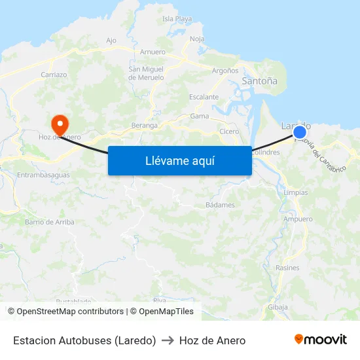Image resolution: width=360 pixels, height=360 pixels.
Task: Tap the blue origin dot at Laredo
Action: pyautogui.click(x=300, y=133)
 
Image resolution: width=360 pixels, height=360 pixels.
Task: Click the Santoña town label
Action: pyautogui.click(x=259, y=81)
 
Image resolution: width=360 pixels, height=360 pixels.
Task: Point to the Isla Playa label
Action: pyautogui.click(x=177, y=19)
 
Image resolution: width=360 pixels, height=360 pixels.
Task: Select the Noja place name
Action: pyautogui.click(x=197, y=39)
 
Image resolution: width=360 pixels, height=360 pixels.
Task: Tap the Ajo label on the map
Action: pyautogui.click(x=111, y=41)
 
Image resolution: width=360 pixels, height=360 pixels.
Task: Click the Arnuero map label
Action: pyautogui.click(x=153, y=52)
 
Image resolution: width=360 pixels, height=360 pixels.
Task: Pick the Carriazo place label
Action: pyautogui.click(x=54, y=75)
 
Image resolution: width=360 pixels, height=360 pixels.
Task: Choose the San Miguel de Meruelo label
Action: pyautogui.click(x=146, y=73)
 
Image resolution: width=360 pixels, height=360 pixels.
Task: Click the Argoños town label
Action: pyautogui.click(x=225, y=70)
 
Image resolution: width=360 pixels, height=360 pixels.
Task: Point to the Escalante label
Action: pyautogui.click(x=204, y=97)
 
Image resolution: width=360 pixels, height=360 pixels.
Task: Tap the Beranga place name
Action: pyautogui.click(x=144, y=125)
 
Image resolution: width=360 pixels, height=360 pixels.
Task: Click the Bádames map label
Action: pyautogui.click(x=220, y=205)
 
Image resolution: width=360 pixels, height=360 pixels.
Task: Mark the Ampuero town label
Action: pyautogui.click(x=298, y=219)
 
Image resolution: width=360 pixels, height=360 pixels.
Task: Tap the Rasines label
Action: pyautogui.click(x=287, y=268)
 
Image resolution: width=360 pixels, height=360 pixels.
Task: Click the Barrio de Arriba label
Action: pyautogui.click(x=49, y=222)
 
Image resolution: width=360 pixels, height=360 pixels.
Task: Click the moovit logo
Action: pyautogui.click(x=320, y=340)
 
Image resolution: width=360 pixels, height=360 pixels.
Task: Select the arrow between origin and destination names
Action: pyautogui.click(x=168, y=340)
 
